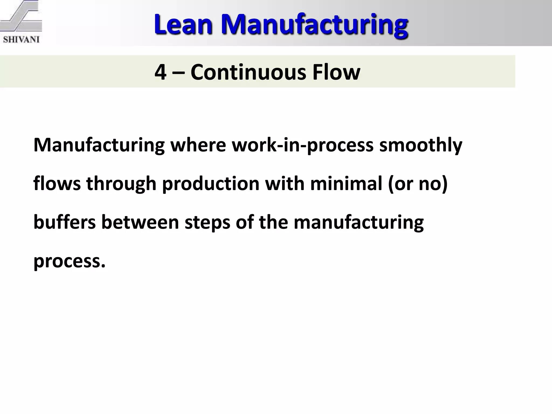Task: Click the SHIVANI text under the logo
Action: click(21, 40)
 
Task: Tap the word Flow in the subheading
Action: click(336, 72)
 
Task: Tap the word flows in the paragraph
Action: click(57, 184)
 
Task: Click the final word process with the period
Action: click(69, 261)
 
